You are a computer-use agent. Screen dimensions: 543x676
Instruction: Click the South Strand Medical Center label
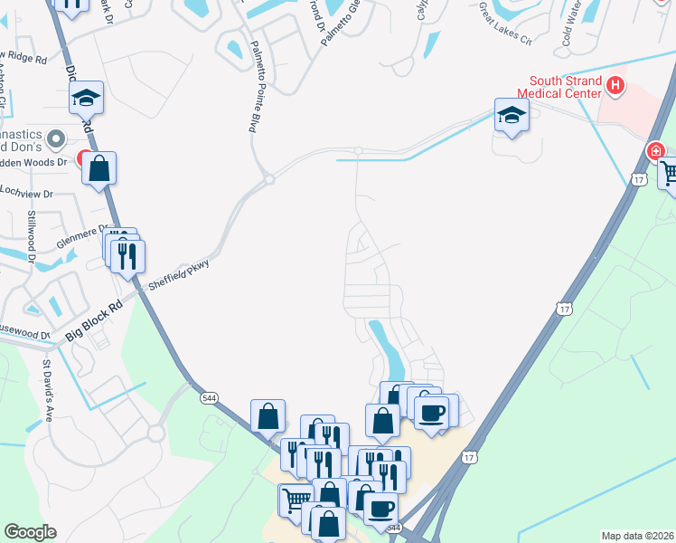click(x=559, y=87)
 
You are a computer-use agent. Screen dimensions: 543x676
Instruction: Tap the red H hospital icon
click(x=615, y=86)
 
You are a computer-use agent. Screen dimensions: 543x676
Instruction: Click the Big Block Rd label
click(x=93, y=322)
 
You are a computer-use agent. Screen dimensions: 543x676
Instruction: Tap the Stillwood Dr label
click(x=31, y=237)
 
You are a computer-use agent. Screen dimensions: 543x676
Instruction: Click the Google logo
click(x=29, y=532)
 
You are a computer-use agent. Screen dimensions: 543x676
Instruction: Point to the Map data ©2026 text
click(x=637, y=536)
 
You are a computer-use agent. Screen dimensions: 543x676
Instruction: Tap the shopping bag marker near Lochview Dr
click(x=99, y=168)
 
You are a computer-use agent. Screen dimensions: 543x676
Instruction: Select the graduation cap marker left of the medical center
click(x=512, y=116)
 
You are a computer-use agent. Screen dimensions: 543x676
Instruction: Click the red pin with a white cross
click(x=655, y=151)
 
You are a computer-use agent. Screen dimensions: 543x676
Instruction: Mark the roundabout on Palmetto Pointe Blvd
click(x=269, y=180)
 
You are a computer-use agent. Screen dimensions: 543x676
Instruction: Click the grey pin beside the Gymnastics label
click(x=55, y=138)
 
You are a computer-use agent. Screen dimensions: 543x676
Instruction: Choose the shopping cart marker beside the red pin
click(x=670, y=173)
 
